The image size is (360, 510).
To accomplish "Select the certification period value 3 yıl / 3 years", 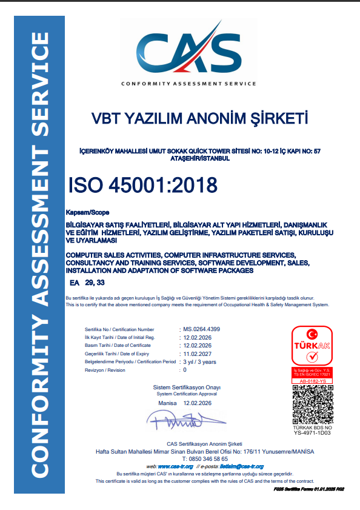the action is pos(199,362).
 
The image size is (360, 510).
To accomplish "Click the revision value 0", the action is pos(185,370).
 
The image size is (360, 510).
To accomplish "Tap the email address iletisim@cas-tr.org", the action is pos(237,466).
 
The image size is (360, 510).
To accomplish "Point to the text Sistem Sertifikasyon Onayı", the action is pos(187,387).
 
